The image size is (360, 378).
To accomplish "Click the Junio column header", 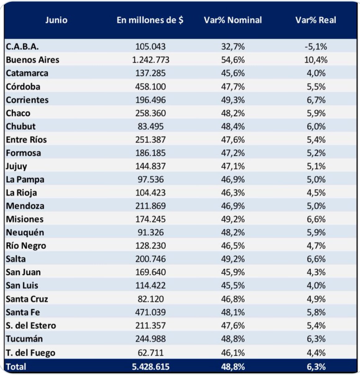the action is click(56, 20).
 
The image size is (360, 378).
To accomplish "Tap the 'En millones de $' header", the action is click(150, 20).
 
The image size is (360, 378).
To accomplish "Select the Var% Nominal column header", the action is click(233, 20).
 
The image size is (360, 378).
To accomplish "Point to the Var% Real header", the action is click(316, 20).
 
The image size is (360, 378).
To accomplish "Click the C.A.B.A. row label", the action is click(22, 47).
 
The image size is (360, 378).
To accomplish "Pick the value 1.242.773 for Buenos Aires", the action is click(151, 60).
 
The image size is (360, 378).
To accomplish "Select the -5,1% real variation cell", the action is click(316, 47).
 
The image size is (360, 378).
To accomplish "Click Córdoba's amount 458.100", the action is click(151, 87).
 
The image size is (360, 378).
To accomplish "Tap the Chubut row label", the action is click(21, 126).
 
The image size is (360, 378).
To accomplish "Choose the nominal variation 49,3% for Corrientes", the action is click(233, 100).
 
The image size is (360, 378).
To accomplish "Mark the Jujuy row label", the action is click(16, 166).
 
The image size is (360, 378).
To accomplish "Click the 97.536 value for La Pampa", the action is click(151, 180).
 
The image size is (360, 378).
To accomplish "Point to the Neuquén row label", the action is click(25, 232).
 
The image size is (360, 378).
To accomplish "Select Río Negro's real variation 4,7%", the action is click(316, 246).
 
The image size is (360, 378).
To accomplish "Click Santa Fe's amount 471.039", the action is click(151, 312).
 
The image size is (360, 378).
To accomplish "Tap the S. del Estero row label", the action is click(31, 325).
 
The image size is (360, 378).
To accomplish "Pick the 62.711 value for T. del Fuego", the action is click(151, 353).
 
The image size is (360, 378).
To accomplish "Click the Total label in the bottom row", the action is click(16, 367).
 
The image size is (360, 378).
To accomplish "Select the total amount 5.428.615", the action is click(151, 367).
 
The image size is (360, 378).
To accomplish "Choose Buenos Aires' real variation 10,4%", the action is click(316, 60).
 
